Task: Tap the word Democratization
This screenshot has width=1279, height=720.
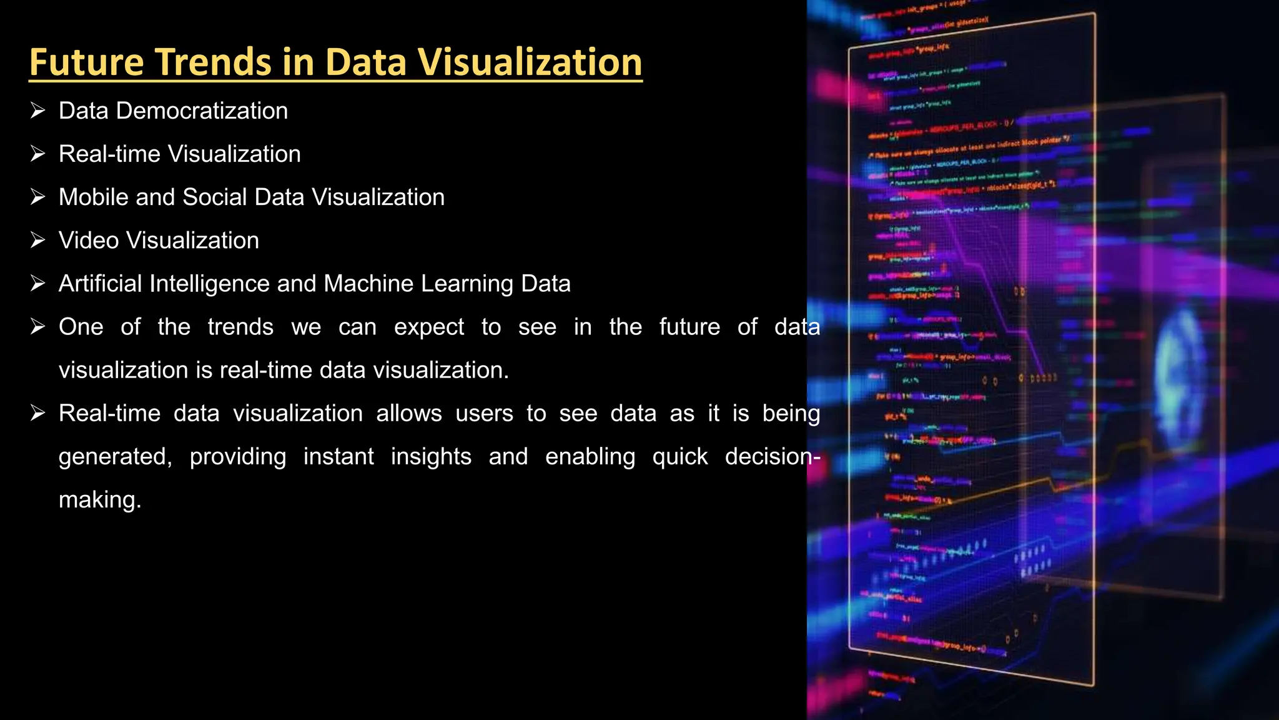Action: (202, 111)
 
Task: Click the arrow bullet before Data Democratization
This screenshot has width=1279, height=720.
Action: (38, 111)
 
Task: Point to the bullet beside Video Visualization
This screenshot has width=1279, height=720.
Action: (38, 240)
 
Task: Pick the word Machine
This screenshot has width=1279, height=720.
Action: (369, 284)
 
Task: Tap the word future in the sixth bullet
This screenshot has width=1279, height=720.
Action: (689, 327)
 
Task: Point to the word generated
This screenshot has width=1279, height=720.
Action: (115, 457)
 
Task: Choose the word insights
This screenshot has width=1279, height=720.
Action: (431, 457)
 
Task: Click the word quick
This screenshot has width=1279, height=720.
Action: (680, 457)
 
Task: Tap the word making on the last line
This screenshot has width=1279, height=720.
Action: (99, 500)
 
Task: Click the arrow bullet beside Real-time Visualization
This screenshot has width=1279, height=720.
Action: (38, 154)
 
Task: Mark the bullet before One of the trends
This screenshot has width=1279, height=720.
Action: (38, 326)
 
